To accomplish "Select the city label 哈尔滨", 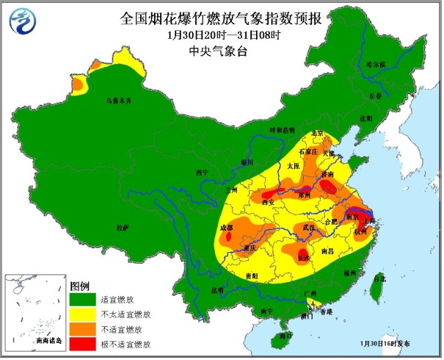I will pos(375,65).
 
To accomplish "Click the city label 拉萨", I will pos(123,228).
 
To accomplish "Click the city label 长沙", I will pos(302,258).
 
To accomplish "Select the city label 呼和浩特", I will pos(281,129).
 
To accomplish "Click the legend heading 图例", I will pos(79,285).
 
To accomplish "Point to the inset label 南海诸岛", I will pos(50,342).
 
